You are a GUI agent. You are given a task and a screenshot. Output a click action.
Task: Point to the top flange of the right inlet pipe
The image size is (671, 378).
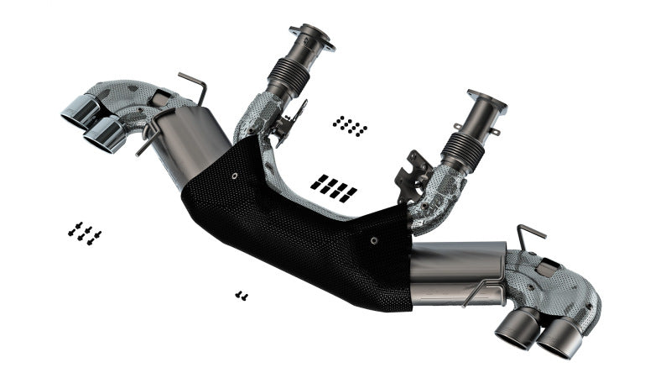tap(486, 102)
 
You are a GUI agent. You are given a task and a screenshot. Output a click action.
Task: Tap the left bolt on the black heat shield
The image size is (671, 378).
tap(234, 177)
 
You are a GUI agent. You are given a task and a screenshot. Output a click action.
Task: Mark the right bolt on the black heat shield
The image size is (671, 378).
tap(374, 239)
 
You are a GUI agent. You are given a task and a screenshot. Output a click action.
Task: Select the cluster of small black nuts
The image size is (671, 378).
tap(350, 126)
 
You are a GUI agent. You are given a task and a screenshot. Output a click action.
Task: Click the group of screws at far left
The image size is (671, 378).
tap(85, 233)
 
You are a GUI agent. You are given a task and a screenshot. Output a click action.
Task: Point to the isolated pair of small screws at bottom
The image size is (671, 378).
tap(242, 295)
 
